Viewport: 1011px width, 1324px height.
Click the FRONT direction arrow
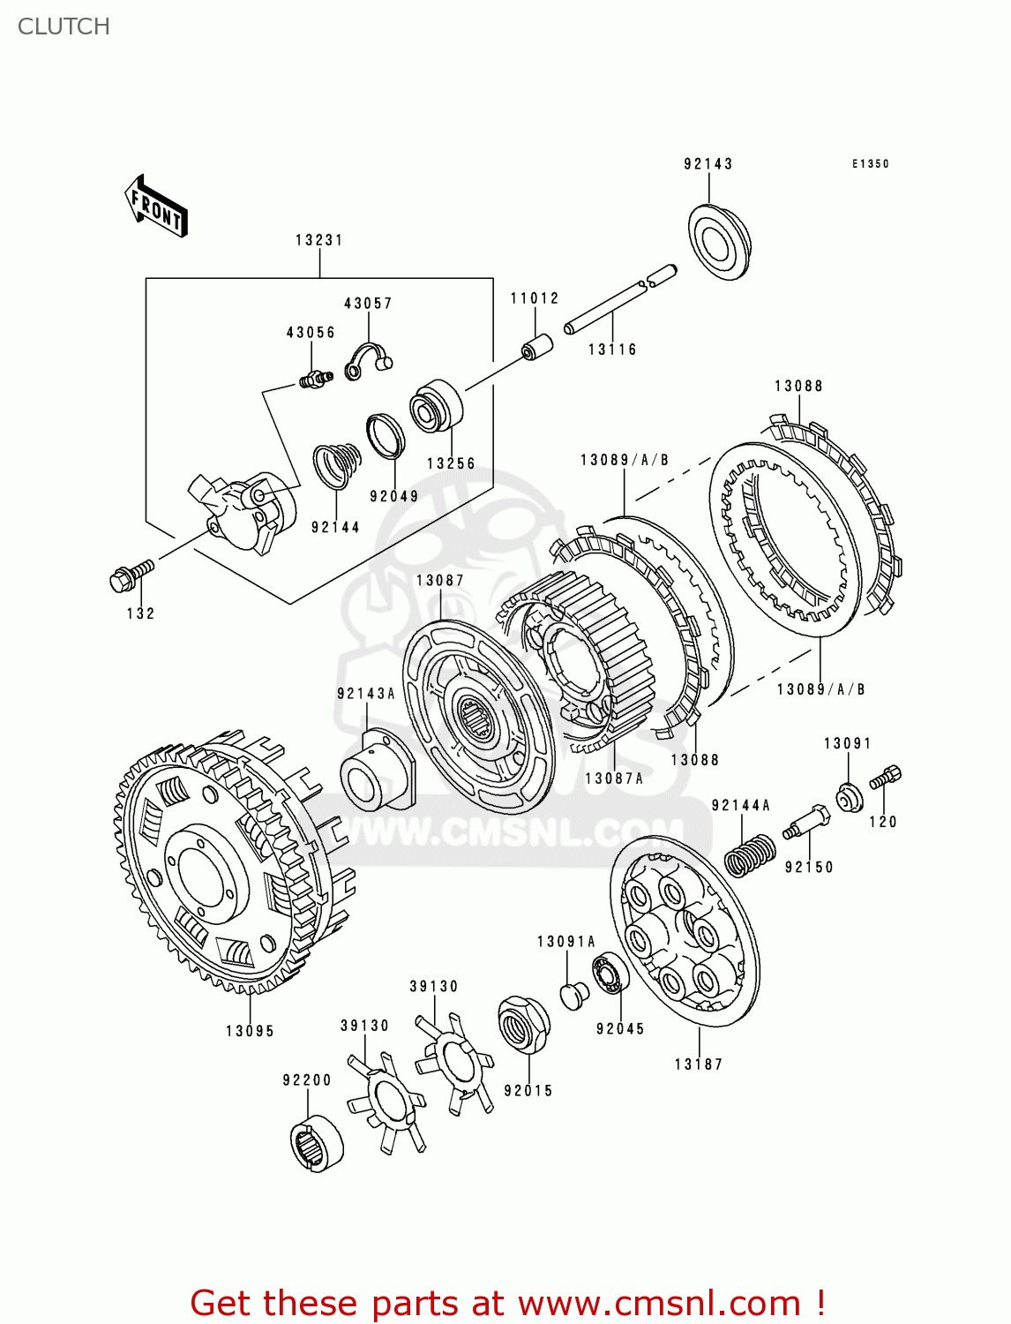(157, 207)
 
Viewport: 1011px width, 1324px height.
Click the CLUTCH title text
(64, 26)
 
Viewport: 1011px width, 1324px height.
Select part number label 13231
(318, 240)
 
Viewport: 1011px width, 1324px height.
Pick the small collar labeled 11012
(535, 347)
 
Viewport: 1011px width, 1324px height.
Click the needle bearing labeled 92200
(317, 1143)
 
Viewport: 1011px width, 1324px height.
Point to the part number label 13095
(250, 1031)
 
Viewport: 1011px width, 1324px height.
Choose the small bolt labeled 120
(885, 778)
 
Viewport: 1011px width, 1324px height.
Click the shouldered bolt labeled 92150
(805, 823)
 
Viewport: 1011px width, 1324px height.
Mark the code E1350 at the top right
(870, 164)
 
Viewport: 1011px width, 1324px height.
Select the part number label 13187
(698, 1064)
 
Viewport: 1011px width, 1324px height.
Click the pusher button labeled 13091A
(575, 995)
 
